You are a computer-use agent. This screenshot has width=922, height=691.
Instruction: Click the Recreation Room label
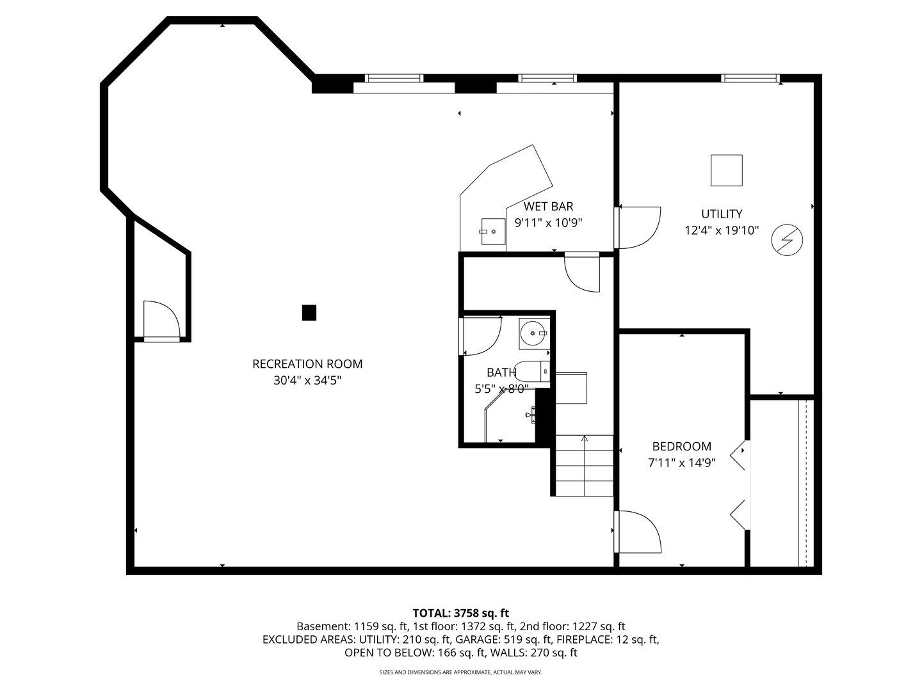(307, 364)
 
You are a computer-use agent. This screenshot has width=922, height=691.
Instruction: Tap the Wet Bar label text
(548, 206)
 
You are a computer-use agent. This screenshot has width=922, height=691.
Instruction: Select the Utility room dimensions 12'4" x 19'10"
(722, 230)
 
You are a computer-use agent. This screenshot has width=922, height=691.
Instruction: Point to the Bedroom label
(681, 447)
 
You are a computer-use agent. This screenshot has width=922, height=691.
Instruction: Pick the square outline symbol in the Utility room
(726, 170)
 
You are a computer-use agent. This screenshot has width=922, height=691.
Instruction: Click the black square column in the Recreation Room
(309, 313)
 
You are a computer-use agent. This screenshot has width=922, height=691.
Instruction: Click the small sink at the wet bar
(493, 232)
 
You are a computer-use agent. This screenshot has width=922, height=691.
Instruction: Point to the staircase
(584, 465)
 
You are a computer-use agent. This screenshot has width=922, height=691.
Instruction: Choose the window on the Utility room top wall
(750, 78)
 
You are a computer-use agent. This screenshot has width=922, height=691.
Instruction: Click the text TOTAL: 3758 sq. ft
(460, 613)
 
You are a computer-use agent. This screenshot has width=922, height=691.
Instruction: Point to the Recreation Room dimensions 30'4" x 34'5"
(307, 381)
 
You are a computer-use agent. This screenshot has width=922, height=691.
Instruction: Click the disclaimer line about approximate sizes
(460, 672)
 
